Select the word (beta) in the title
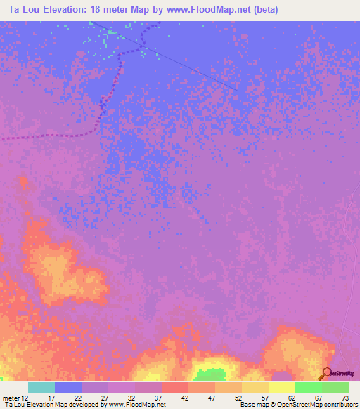pos(267,10)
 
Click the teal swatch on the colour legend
pos(41,387)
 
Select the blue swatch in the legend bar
pos(68,387)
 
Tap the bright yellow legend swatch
pos(282,387)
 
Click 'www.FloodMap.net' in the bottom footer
pos(137,405)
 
